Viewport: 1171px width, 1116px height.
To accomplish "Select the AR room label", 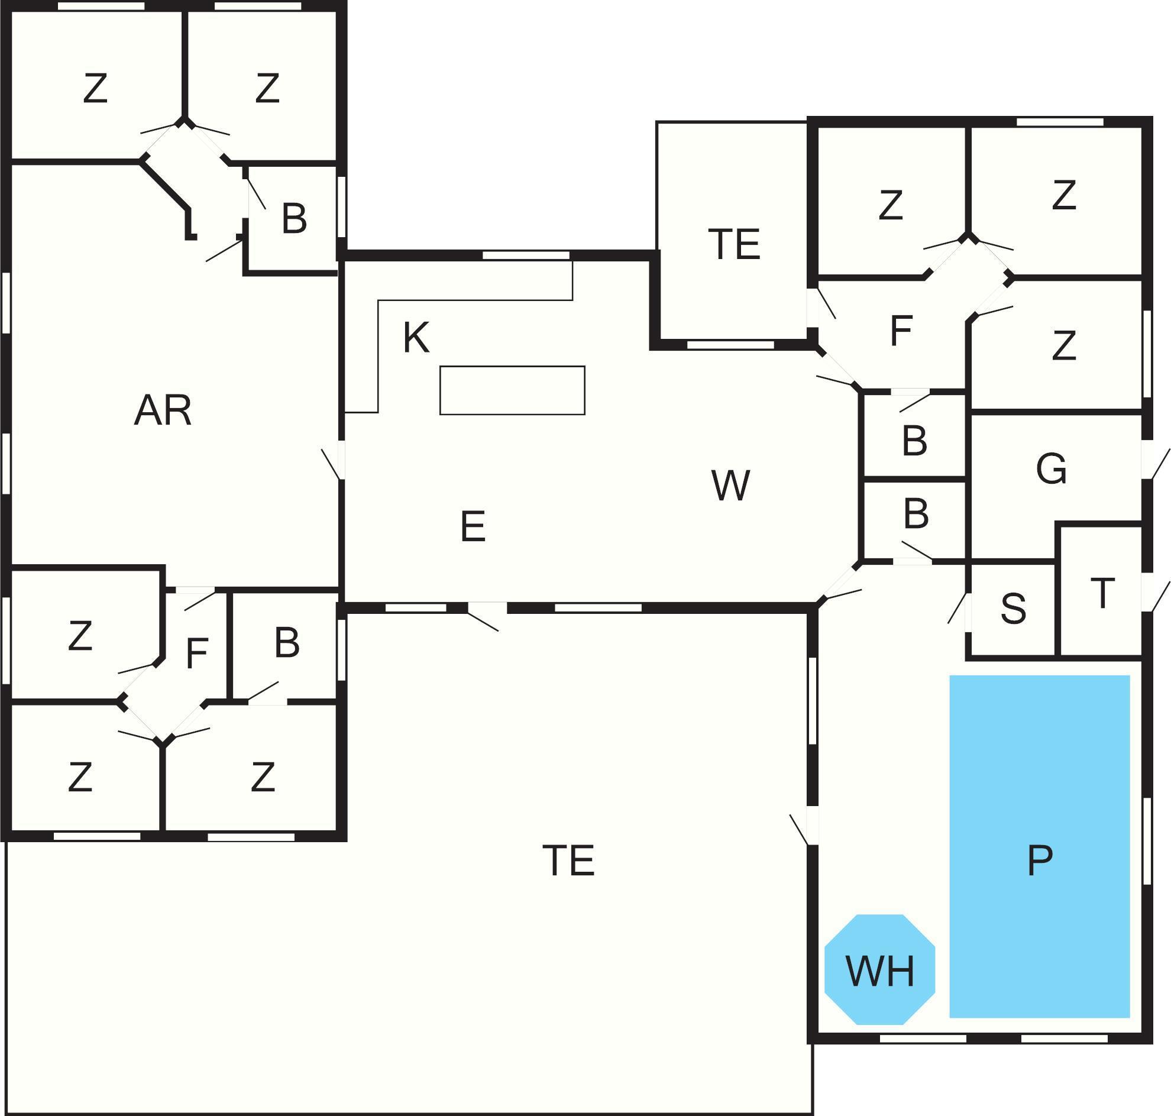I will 163,410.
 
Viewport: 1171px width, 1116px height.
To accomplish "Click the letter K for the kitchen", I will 416,338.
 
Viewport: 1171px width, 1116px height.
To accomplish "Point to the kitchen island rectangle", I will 512,390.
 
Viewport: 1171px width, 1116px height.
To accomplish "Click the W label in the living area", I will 730,486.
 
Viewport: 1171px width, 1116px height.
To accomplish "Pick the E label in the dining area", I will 473,526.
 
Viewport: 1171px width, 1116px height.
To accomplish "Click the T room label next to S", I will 1102,593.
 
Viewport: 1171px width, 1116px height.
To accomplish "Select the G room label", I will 1052,470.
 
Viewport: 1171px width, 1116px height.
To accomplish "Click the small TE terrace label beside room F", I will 735,244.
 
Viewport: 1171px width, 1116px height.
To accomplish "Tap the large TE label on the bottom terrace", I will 568,860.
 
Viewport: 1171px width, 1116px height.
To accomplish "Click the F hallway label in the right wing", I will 901,331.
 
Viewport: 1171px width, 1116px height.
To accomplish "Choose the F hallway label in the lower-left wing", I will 196,653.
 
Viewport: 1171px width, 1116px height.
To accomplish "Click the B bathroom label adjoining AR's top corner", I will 294,218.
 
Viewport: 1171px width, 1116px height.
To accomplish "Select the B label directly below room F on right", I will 914,441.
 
